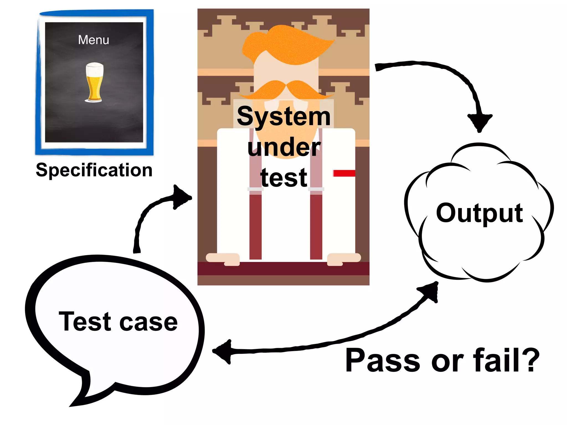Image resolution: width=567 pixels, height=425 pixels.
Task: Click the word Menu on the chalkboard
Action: [x=94, y=40]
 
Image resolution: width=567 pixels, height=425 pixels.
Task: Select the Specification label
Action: [x=94, y=170]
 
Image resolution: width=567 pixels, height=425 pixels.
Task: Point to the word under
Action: [x=284, y=147]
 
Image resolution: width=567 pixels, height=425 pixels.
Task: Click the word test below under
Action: [x=284, y=178]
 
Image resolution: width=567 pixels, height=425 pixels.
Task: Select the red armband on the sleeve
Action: [x=344, y=173]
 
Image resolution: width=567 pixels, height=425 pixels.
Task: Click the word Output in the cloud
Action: [x=480, y=213]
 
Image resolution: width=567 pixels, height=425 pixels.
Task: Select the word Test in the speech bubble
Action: [x=85, y=322]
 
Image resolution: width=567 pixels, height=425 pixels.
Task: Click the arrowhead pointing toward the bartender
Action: [x=181, y=197]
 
